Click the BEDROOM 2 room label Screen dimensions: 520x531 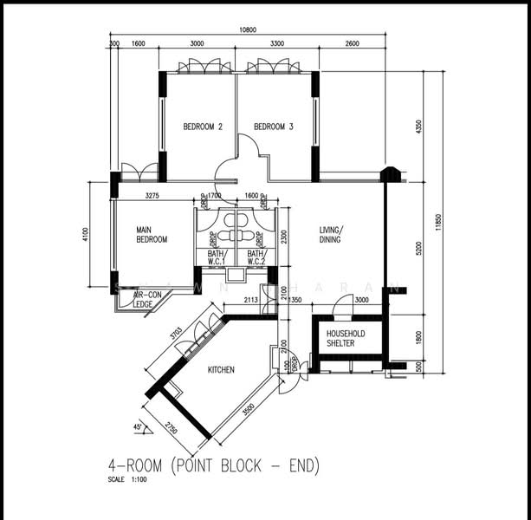pos(203,127)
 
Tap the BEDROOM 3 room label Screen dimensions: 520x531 pos(273,127)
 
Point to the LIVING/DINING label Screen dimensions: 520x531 pos(330,234)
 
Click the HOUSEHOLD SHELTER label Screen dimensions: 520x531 pos(346,338)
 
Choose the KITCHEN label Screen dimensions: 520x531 pos(221,370)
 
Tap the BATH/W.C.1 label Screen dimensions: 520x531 pos(216,257)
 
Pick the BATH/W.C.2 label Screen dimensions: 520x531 pos(256,257)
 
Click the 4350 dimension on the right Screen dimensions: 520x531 pos(418,127)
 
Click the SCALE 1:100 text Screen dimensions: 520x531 pos(128,479)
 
